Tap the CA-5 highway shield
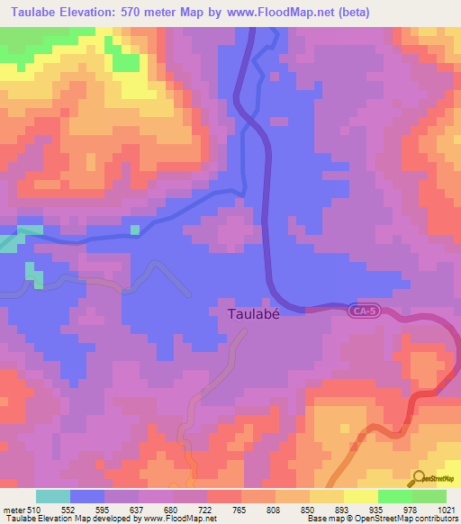click(x=362, y=310)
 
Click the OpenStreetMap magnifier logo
click(x=419, y=479)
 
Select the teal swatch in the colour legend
click(x=52, y=496)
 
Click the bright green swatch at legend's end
click(x=429, y=496)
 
